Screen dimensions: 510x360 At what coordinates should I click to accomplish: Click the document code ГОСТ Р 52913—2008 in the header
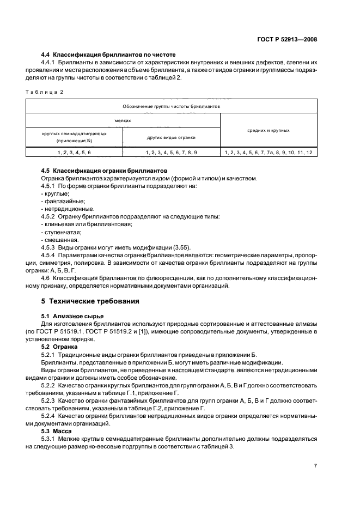click(288, 39)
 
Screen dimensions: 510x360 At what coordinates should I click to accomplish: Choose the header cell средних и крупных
click(268, 131)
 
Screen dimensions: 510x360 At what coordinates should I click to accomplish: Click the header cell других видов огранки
click(171, 138)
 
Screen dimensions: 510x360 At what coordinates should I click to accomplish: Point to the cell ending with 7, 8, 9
click(171, 153)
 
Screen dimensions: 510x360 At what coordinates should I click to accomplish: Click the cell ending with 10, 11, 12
click(268, 153)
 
